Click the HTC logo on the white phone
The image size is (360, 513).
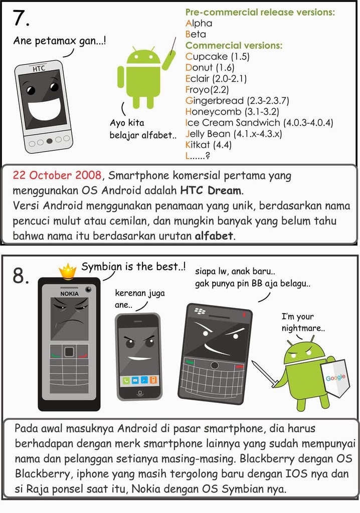(x=39, y=69)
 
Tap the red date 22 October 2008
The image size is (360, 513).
(x=57, y=175)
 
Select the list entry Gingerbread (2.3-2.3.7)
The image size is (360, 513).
(x=237, y=101)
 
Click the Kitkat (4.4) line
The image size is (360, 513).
(x=209, y=145)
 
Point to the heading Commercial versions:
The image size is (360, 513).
(x=234, y=46)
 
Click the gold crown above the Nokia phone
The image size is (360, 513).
(x=68, y=272)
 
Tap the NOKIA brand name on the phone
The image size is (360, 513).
(x=70, y=294)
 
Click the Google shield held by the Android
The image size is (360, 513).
(x=334, y=378)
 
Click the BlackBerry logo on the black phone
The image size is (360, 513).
(x=200, y=311)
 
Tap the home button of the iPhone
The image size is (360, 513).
(x=140, y=392)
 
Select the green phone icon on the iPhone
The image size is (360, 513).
(x=126, y=380)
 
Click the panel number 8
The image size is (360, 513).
(x=21, y=276)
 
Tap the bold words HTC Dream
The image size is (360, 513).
(x=211, y=190)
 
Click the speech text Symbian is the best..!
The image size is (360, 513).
(x=133, y=267)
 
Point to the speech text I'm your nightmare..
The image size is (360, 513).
(x=303, y=322)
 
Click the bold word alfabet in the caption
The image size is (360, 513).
(x=214, y=235)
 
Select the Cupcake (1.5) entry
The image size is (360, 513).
(x=218, y=57)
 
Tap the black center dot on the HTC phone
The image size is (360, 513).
(x=50, y=141)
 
